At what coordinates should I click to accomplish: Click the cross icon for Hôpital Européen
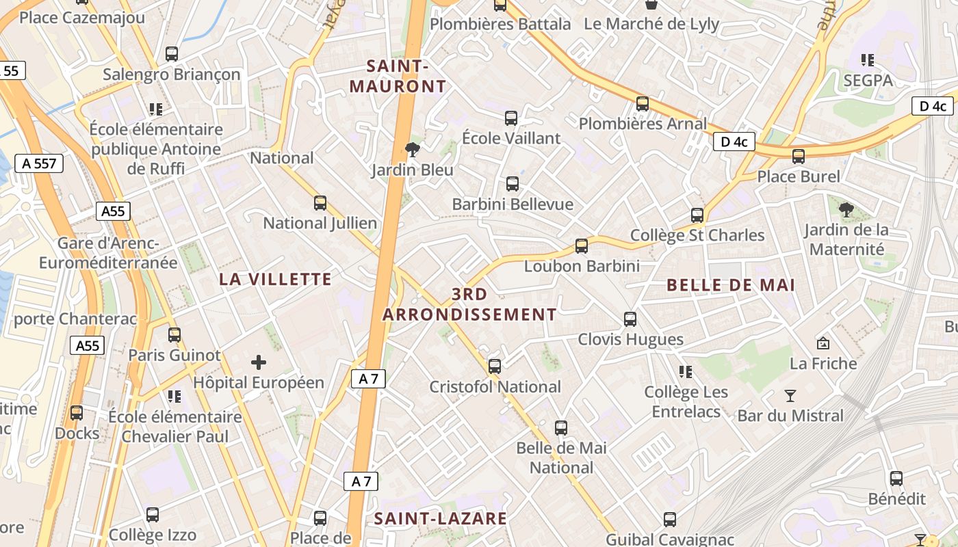tap(258, 362)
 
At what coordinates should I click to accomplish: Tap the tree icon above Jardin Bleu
tap(412, 149)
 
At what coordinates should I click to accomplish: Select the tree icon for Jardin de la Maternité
tap(846, 209)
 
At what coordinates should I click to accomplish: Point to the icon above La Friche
tap(823, 343)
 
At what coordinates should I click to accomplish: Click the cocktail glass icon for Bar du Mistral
tap(790, 395)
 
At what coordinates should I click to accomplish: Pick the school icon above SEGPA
tap(868, 60)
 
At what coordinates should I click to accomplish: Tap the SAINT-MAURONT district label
tap(398, 77)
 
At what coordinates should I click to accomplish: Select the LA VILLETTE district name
tap(276, 279)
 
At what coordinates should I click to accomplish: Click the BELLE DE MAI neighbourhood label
tap(731, 285)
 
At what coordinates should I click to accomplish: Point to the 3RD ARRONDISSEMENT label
tap(469, 304)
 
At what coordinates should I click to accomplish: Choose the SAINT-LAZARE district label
tap(441, 518)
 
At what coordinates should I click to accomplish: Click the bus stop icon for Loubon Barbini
tap(582, 245)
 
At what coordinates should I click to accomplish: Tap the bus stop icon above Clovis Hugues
tap(630, 319)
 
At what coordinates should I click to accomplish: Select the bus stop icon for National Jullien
tap(320, 202)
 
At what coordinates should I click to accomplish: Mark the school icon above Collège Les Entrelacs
tap(686, 372)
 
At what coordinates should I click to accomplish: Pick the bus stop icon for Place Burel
tap(798, 156)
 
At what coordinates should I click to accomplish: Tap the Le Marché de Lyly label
tap(651, 25)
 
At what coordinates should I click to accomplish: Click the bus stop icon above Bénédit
tap(896, 479)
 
